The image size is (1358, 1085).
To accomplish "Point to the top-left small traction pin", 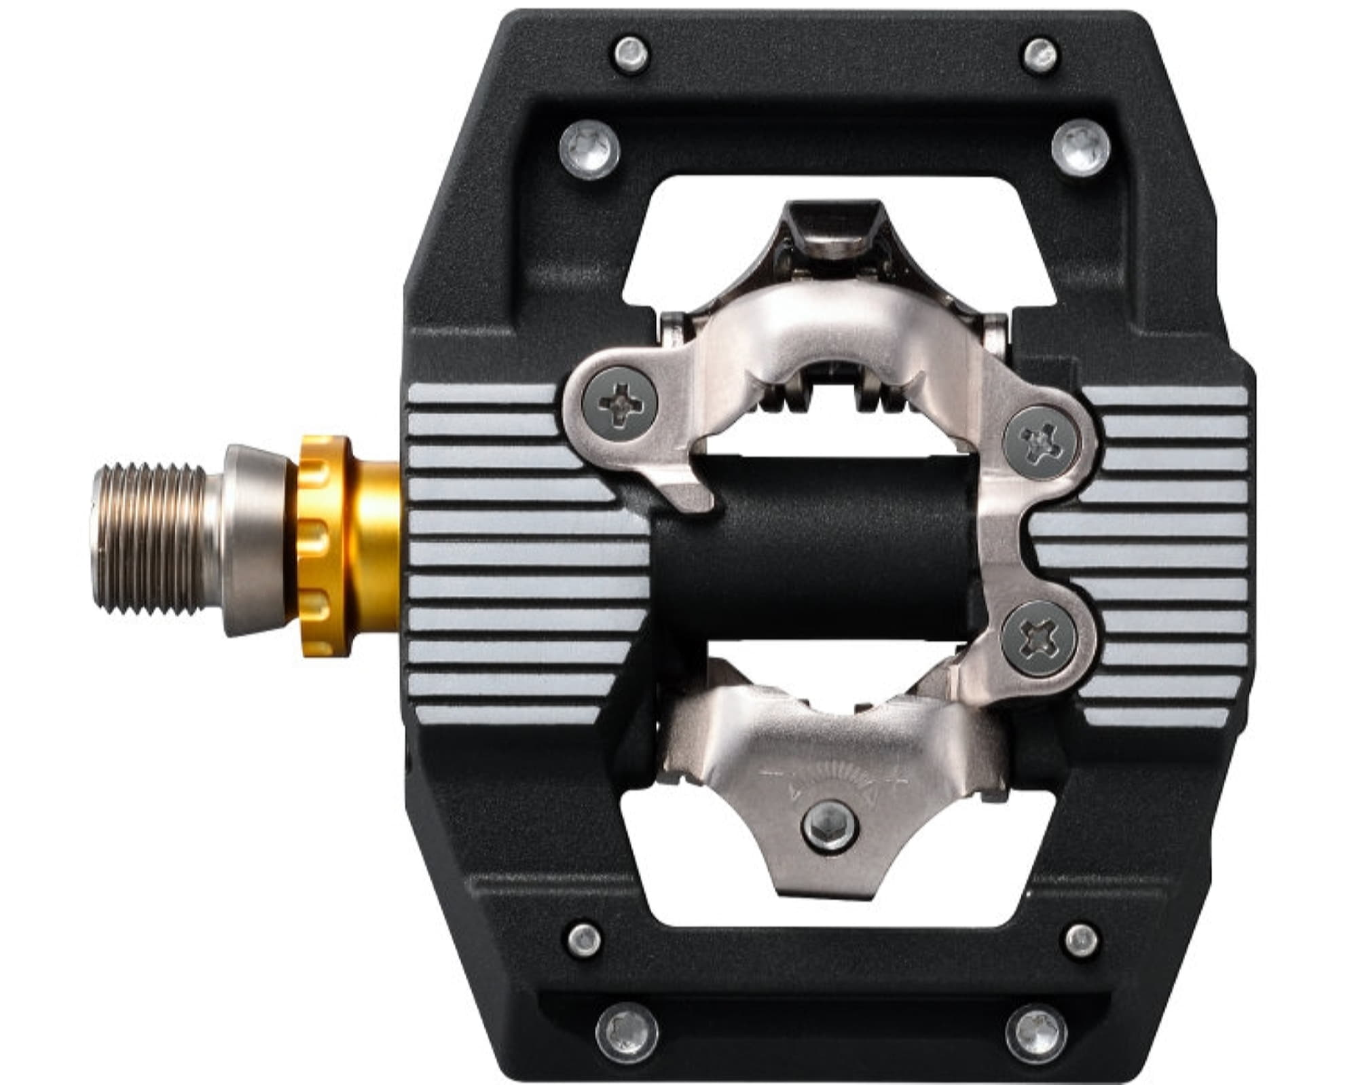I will (x=631, y=52).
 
